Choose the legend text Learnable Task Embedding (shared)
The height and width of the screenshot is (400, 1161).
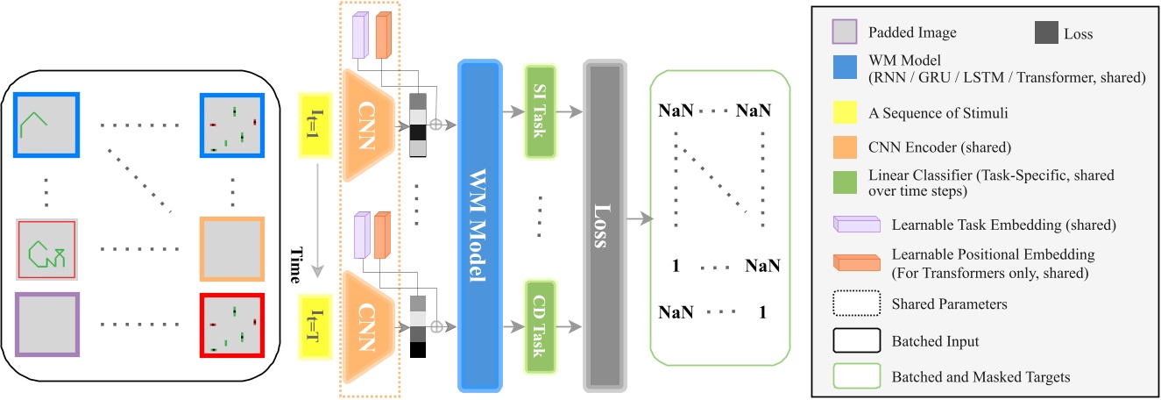pyautogui.click(x=1003, y=225)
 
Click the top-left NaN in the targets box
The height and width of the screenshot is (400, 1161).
pyautogui.click(x=676, y=111)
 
